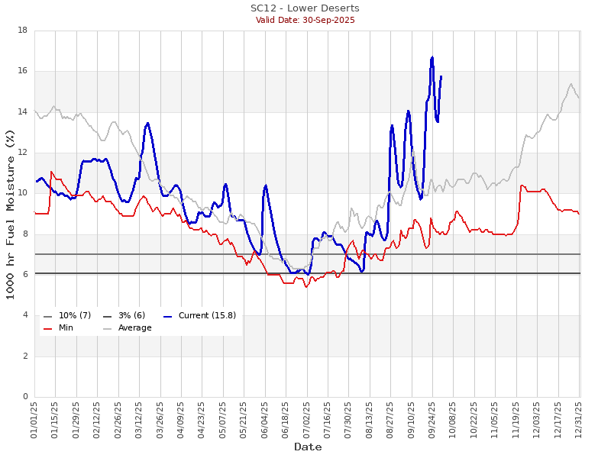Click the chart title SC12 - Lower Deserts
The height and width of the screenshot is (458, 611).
tap(305, 8)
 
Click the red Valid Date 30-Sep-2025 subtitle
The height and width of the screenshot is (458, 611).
tap(305, 20)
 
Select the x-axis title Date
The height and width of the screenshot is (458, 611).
tap(307, 447)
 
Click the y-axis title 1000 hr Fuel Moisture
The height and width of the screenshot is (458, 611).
tap(10, 214)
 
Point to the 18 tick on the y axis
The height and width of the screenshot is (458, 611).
tap(23, 31)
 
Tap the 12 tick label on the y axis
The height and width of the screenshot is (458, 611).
tap(23, 153)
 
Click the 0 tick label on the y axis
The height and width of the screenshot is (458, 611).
tap(25, 397)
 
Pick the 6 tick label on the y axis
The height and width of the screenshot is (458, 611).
tap(25, 275)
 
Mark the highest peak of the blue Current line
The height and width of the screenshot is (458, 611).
tap(432, 56)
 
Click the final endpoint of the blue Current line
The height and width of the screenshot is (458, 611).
tap(441, 76)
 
